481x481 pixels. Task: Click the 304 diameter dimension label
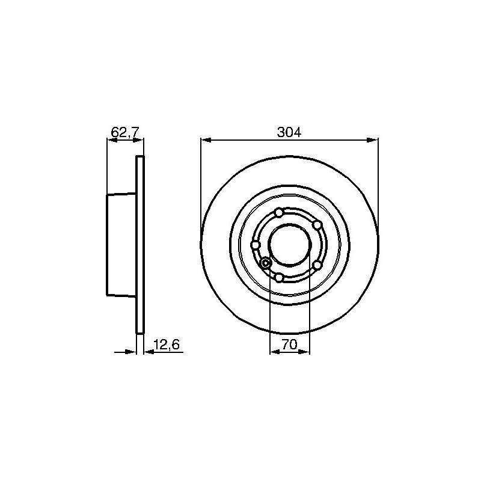click(289, 132)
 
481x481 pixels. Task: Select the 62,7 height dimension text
click(125, 132)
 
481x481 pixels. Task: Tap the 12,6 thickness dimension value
click(167, 345)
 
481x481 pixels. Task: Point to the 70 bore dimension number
click(290, 345)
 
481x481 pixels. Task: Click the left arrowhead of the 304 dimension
click(206, 140)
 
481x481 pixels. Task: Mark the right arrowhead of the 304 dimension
click(373, 140)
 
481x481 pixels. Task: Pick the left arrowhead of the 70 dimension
click(275, 352)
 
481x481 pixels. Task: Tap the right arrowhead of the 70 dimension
click(304, 352)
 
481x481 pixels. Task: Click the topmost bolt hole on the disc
click(279, 213)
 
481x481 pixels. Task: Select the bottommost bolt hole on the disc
click(278, 278)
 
